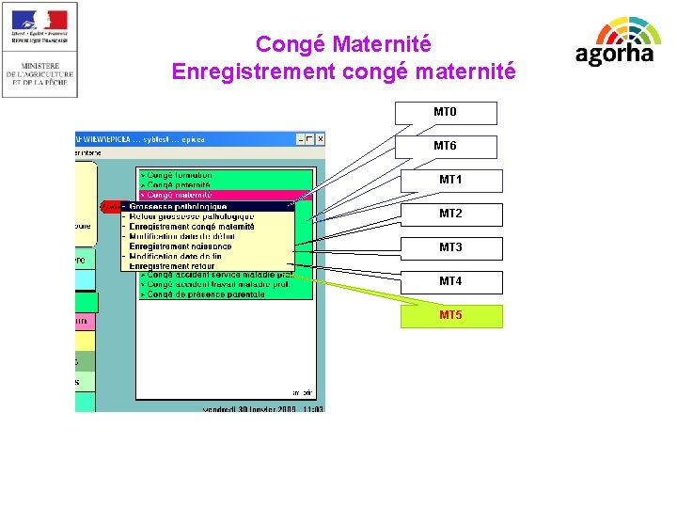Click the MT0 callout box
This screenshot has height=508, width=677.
pyautogui.click(x=445, y=113)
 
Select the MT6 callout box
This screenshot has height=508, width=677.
pyautogui.click(x=445, y=147)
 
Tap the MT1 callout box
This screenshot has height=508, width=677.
pyautogui.click(x=451, y=181)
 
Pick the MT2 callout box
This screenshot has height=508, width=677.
pyautogui.click(x=451, y=214)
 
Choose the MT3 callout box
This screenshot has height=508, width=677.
pyautogui.click(x=451, y=248)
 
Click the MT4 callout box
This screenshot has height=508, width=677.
pyautogui.click(x=451, y=282)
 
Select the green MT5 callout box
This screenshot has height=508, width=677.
pyautogui.click(x=451, y=316)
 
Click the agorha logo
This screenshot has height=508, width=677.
pyautogui.click(x=615, y=42)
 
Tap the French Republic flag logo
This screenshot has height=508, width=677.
pyautogui.click(x=39, y=25)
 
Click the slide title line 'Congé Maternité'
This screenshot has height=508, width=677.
pyautogui.click(x=343, y=44)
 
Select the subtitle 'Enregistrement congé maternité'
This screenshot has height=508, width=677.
pyautogui.click(x=343, y=71)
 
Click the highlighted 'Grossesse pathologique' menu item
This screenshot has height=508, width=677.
pyautogui.click(x=179, y=207)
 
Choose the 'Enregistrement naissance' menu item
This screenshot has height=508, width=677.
pyautogui.click(x=181, y=246)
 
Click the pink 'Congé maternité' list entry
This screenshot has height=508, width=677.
pyautogui.click(x=179, y=196)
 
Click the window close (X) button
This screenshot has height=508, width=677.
pyautogui.click(x=320, y=139)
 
